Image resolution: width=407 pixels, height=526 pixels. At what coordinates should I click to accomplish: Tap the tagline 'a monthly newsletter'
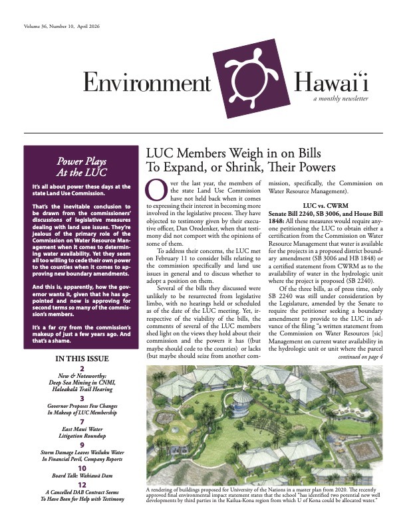pyautogui.click(x=340, y=98)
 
